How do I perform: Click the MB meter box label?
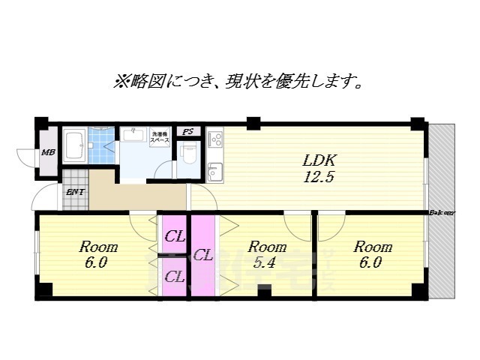[48, 152]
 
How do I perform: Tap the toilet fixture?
[188, 155]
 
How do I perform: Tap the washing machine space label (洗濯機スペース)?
[159, 136]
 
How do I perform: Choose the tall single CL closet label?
[202, 255]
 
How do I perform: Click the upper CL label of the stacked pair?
[175, 237]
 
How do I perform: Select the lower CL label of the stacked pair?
[175, 277]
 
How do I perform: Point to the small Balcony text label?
[442, 213]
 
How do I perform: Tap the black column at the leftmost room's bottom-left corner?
[45, 289]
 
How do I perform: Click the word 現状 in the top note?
[259, 82]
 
